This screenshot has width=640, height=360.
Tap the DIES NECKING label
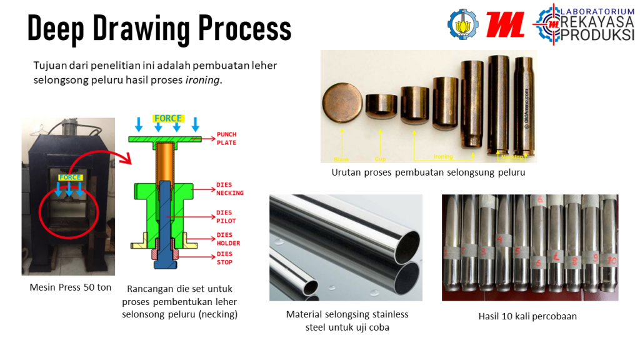[x=229, y=189]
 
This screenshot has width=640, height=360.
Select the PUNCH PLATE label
[x=226, y=139]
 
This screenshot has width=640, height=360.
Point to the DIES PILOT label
[x=226, y=217]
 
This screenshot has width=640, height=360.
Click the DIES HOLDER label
[x=228, y=239]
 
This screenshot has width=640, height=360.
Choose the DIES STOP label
[x=224, y=258]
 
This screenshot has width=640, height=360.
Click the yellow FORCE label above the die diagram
[x=168, y=118]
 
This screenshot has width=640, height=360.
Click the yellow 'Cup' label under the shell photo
[x=380, y=159]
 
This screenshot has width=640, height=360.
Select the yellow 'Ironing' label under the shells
[x=443, y=156]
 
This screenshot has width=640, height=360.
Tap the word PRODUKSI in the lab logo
[x=597, y=36]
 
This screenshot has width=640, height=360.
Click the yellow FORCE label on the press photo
[x=70, y=177]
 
